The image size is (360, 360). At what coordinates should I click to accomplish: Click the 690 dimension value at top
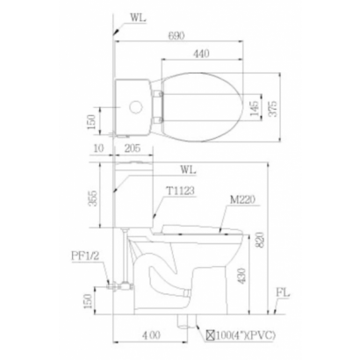coord(176,36)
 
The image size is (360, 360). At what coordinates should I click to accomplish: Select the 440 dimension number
coord(201,54)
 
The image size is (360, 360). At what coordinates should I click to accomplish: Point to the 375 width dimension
coord(273,109)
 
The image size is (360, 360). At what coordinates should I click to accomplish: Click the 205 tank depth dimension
coord(132,148)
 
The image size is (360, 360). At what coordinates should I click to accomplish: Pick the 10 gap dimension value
coord(98,148)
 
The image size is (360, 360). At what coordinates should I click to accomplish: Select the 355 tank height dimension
coord(93,198)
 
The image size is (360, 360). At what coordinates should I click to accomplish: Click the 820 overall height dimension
coord(260,240)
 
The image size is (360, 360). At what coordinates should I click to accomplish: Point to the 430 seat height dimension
coord(241,276)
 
